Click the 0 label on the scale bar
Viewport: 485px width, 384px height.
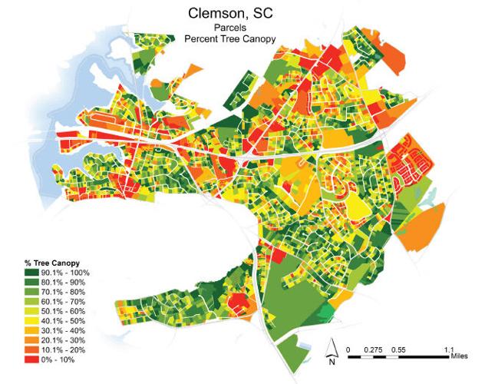coord(348,349)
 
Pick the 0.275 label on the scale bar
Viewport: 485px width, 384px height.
coord(374,349)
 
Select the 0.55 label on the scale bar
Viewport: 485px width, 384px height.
coord(399,349)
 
